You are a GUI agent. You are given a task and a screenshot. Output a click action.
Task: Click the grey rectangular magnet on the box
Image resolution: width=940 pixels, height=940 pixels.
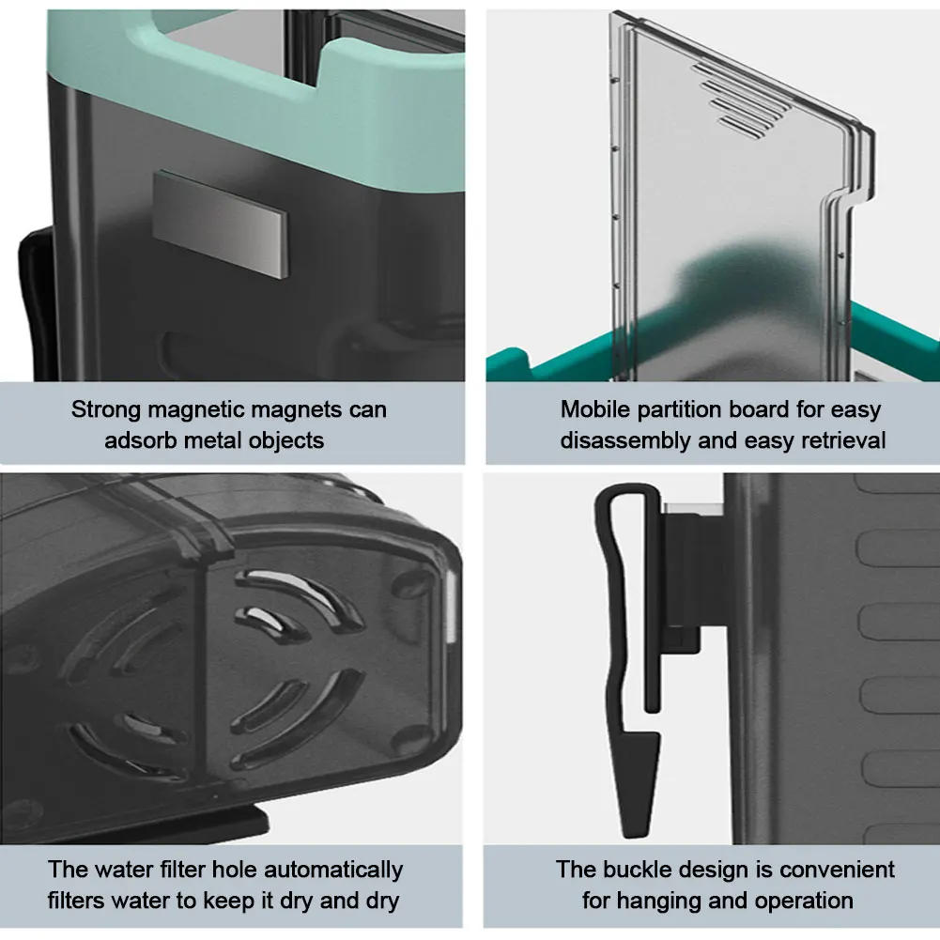click(x=220, y=223)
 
